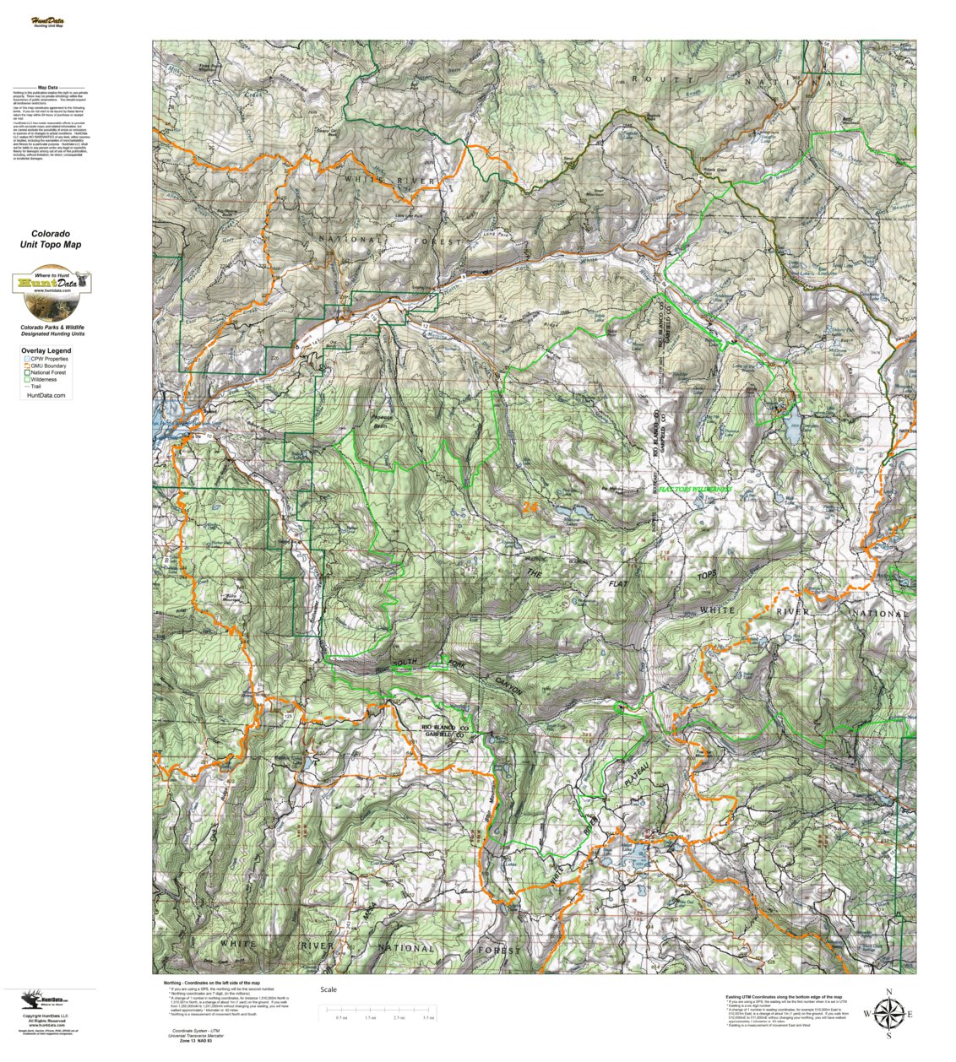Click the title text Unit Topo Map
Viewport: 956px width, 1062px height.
51,245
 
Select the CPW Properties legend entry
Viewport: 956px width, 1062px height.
48,359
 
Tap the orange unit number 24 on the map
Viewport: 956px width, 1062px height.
530,507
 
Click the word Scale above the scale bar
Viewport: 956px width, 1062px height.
329,989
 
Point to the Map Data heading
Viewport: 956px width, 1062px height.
48,88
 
